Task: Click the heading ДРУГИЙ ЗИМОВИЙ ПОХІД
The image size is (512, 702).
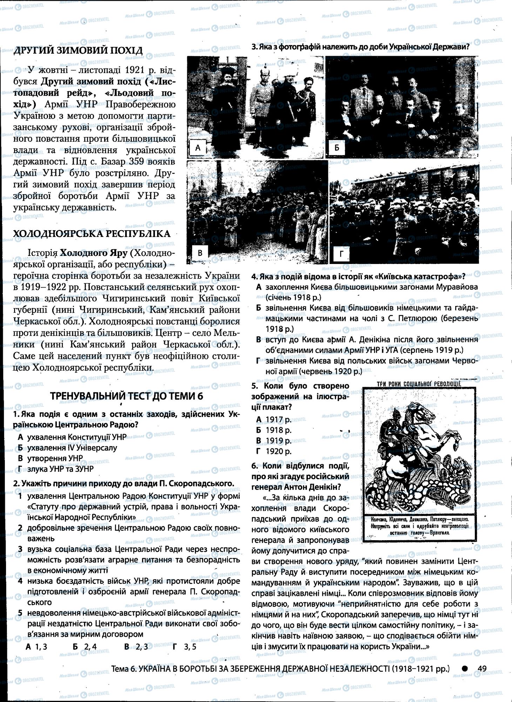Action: [78, 51]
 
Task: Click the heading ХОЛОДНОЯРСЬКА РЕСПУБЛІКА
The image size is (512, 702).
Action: [92, 234]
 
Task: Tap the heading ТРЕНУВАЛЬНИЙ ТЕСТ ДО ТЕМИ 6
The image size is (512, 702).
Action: [127, 396]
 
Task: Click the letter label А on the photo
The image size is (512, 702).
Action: [197, 148]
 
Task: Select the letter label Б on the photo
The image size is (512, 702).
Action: [337, 148]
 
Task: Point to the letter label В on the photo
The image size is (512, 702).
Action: [200, 253]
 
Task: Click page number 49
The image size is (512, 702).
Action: [482, 669]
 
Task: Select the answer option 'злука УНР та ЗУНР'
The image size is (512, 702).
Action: [60, 469]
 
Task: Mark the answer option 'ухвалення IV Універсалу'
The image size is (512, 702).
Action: [72, 448]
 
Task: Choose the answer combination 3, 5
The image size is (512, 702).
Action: [190, 647]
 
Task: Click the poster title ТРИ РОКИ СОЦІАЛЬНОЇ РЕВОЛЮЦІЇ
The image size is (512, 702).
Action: [419, 384]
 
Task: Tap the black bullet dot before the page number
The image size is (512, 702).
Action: [465, 669]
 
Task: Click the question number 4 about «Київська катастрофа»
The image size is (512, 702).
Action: [254, 276]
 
